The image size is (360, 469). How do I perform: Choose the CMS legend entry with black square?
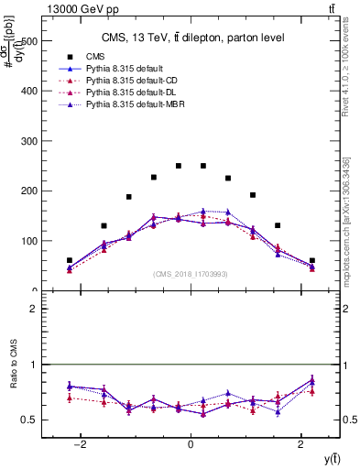pos(96,55)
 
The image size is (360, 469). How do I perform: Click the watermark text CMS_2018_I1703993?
pos(191,274)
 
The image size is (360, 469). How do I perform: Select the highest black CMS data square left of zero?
pos(178,166)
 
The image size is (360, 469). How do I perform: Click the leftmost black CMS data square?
pos(70,260)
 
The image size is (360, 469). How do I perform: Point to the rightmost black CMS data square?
pos(311,260)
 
